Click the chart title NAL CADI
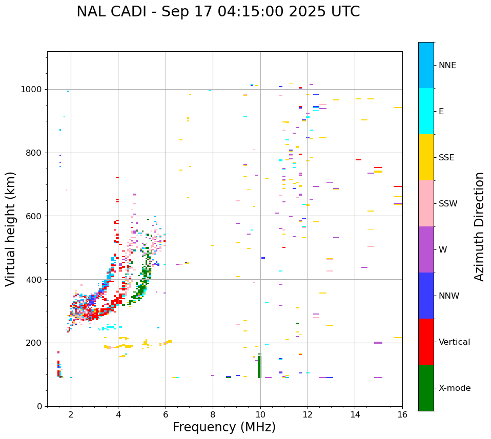(x=218, y=12)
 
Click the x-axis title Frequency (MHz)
(x=224, y=427)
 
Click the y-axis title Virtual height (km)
(x=11, y=229)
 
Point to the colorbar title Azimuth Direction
(x=479, y=226)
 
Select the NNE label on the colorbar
(x=447, y=66)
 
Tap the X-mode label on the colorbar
(x=454, y=388)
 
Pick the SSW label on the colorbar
(x=448, y=204)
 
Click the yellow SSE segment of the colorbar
(x=426, y=157)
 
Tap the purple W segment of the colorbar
(x=426, y=249)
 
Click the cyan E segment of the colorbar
(x=426, y=111)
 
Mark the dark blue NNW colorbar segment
(x=426, y=296)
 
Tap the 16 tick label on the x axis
(x=402, y=414)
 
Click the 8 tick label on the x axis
(x=213, y=414)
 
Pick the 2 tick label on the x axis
(x=71, y=414)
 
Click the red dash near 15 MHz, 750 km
(x=378, y=168)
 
